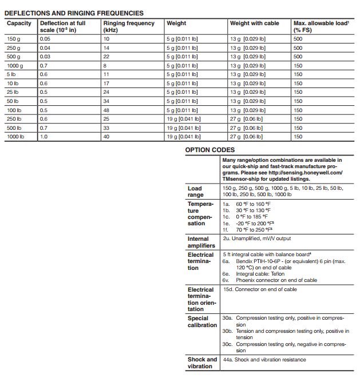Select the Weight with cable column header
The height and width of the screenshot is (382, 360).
click(254, 23)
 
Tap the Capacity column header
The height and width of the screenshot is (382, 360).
click(19, 23)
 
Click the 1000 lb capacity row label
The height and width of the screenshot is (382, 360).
click(15, 137)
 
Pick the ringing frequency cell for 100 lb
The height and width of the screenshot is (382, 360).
click(106, 110)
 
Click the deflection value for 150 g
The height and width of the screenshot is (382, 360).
click(45, 38)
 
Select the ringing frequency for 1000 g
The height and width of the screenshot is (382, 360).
click(106, 65)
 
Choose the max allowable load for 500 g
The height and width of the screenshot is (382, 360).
click(298, 56)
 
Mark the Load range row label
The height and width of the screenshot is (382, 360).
click(195, 192)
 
